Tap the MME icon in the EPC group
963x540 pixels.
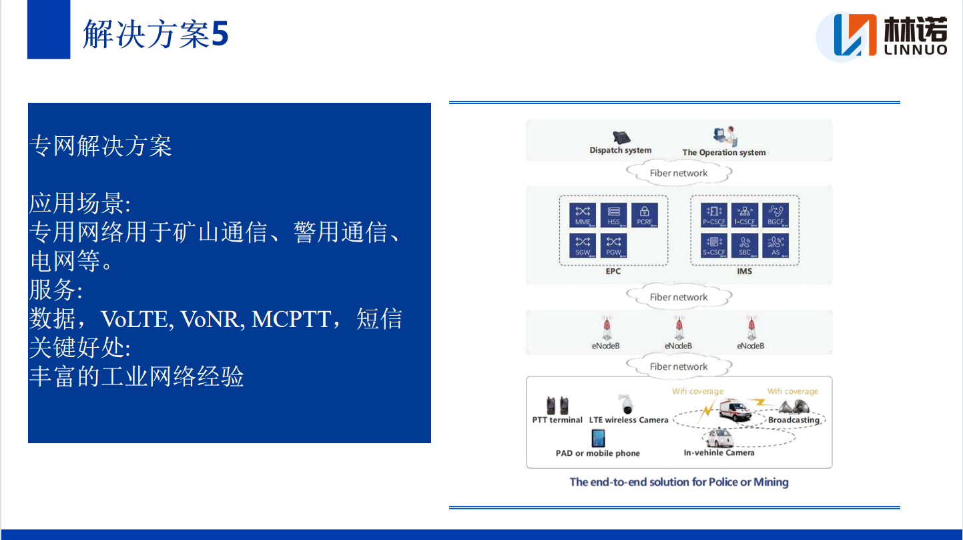(583, 215)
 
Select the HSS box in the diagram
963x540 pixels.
(613, 215)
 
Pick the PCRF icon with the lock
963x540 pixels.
(644, 215)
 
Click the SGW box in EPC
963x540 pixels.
(583, 246)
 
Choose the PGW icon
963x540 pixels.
(613, 246)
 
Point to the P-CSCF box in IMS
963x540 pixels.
(713, 215)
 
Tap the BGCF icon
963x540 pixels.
(775, 215)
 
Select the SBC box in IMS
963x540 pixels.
(745, 246)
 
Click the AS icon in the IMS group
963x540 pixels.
(775, 246)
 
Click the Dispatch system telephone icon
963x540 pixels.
(621, 137)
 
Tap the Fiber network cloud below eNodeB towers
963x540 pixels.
(679, 366)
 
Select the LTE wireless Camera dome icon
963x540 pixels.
(626, 404)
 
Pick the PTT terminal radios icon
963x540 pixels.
(557, 404)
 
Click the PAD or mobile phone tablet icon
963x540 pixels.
(598, 439)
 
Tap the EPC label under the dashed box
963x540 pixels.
(613, 272)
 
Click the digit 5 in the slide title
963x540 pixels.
(220, 34)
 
